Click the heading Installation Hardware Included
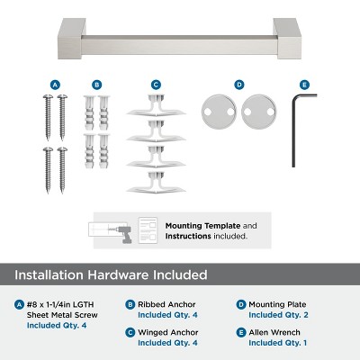(111, 274)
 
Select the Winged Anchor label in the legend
(168, 332)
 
